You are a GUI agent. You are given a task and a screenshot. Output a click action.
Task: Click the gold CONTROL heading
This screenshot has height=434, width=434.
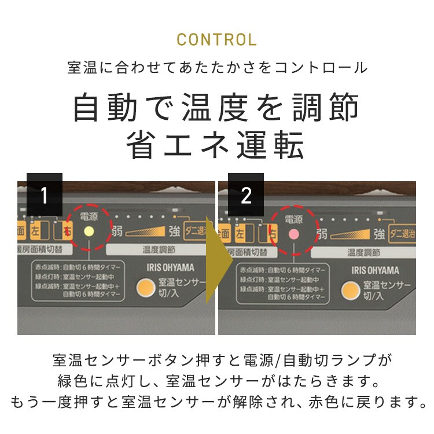pyautogui.click(x=216, y=40)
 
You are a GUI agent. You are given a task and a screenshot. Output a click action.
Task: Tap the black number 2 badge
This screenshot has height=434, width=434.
pyautogui.click(x=246, y=195)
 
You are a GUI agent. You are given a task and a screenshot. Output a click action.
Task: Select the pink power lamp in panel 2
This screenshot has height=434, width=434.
pyautogui.click(x=293, y=234)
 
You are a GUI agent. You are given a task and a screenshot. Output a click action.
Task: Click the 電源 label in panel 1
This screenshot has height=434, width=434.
pyautogui.click(x=89, y=216)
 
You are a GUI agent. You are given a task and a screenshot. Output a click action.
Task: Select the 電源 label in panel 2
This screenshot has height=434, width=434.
pyautogui.click(x=294, y=219)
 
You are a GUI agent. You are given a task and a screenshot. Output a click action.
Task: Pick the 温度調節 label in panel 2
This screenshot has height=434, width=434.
pyautogui.click(x=363, y=253)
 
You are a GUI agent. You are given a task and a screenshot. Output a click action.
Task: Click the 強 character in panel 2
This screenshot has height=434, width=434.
pyautogui.click(x=379, y=234)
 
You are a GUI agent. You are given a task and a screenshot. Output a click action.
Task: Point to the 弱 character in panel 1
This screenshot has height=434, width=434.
pyautogui.click(x=117, y=232)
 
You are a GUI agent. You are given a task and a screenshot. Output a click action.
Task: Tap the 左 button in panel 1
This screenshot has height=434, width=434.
pyautogui.click(x=36, y=231)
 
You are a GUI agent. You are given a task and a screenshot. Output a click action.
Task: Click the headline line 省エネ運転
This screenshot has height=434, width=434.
pyautogui.click(x=216, y=146)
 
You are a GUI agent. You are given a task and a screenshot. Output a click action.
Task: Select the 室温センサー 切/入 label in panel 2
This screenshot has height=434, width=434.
pyautogui.click(x=387, y=290)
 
